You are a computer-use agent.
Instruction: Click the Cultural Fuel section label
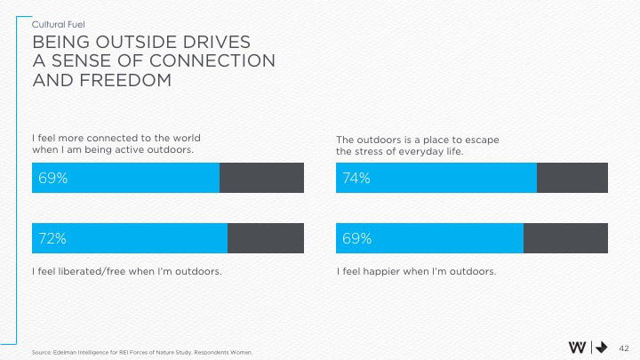(x=59, y=24)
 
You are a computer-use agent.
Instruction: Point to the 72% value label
(x=52, y=238)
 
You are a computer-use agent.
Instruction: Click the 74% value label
(x=356, y=178)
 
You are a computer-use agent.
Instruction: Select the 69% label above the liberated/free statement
(x=52, y=178)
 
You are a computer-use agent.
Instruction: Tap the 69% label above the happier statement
(x=356, y=238)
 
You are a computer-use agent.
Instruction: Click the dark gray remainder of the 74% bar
(x=572, y=178)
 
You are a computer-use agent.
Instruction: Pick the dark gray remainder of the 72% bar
(x=266, y=238)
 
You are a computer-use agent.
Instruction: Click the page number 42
(x=623, y=348)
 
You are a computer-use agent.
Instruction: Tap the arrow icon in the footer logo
(x=601, y=348)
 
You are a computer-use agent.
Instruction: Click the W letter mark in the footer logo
(x=577, y=348)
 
